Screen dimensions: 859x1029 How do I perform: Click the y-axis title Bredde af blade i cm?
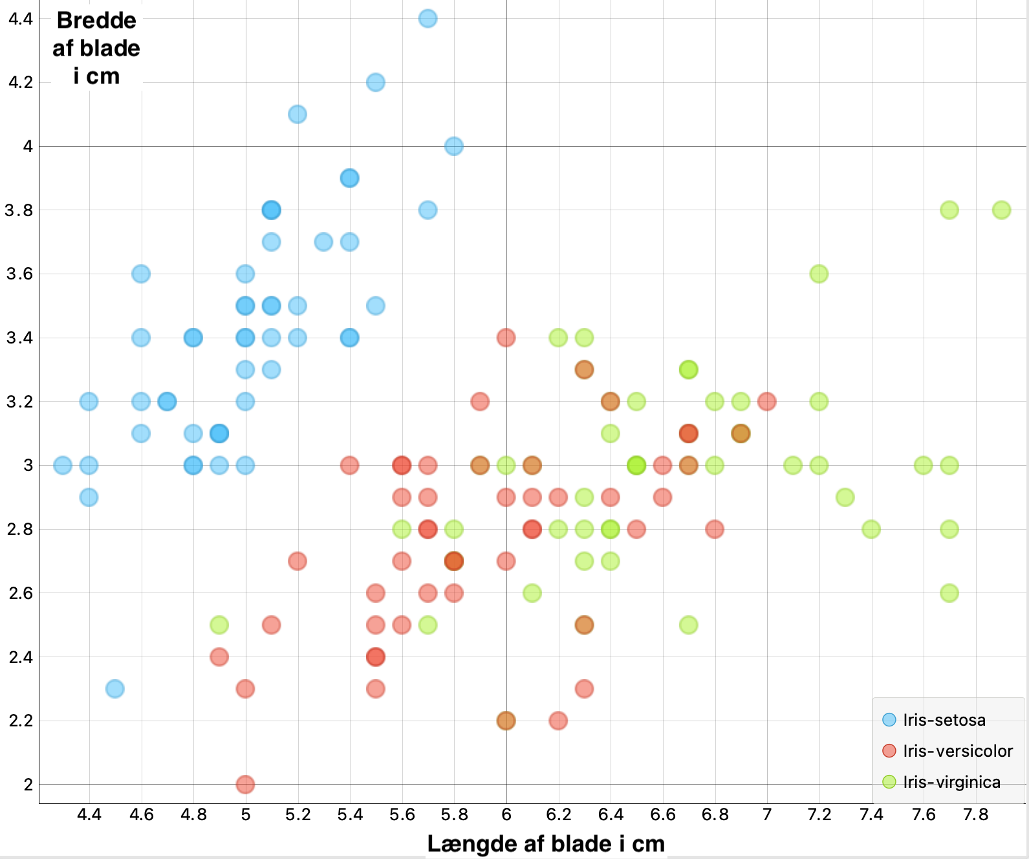click(x=96, y=49)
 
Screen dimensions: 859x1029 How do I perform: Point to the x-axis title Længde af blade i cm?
click(x=546, y=843)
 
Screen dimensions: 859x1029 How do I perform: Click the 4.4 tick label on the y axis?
click(x=21, y=19)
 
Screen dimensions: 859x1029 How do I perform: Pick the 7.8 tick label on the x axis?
click(x=975, y=814)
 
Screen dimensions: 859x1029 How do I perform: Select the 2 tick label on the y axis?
click(x=28, y=785)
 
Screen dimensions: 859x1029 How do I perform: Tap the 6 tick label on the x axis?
click(x=506, y=814)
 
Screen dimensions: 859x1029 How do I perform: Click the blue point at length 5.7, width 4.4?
click(x=428, y=19)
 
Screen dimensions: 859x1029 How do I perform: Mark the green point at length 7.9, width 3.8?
click(x=1001, y=210)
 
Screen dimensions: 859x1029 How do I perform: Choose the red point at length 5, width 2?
click(x=245, y=785)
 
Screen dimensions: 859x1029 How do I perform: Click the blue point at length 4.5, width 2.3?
click(x=115, y=689)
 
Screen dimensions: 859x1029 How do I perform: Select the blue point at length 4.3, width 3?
click(x=63, y=465)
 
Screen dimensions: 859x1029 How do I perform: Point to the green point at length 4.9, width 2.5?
click(x=219, y=625)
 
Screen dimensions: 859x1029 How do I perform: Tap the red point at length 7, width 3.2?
click(x=766, y=402)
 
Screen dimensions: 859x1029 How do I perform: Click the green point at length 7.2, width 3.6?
click(x=819, y=274)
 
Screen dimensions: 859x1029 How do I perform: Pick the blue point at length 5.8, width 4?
click(x=454, y=146)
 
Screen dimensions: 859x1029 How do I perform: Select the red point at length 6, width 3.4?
click(x=506, y=338)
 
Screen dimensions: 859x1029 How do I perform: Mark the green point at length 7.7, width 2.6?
click(x=949, y=593)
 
